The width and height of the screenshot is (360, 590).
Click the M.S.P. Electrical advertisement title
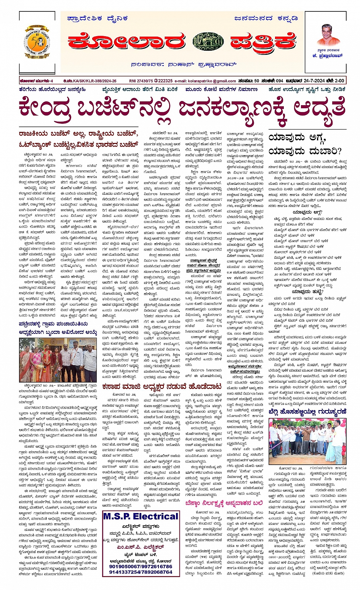point(141,516)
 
